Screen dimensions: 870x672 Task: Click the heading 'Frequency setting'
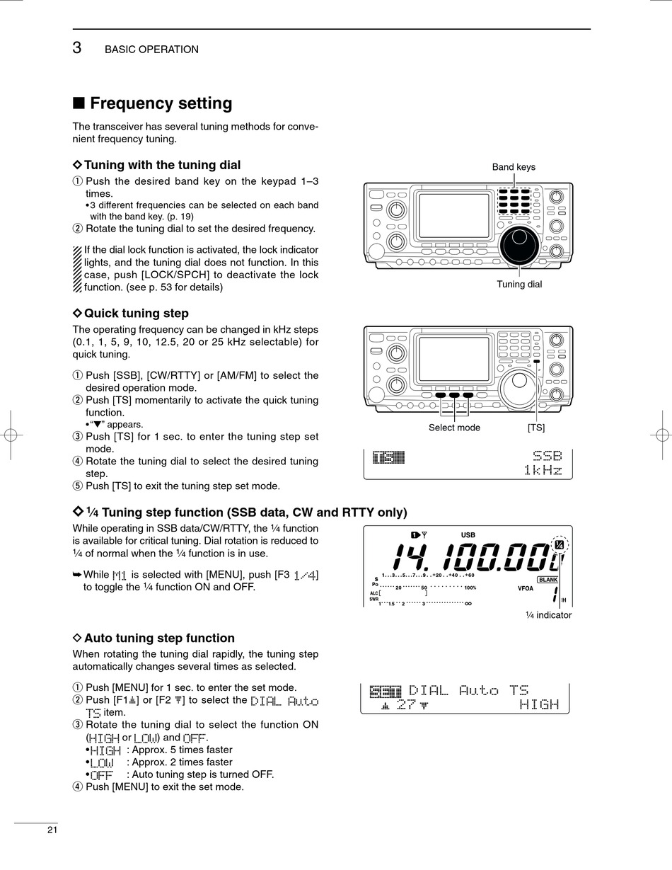[x=161, y=103]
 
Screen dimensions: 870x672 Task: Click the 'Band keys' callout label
[x=514, y=167]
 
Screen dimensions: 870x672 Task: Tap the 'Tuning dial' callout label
[x=519, y=285]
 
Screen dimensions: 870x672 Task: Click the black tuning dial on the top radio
[x=519, y=244]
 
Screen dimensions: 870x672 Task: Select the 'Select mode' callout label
[x=454, y=428]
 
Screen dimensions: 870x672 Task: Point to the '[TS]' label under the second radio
[x=536, y=428]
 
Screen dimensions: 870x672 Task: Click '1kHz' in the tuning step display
[x=543, y=470]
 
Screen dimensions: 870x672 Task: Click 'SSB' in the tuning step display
[x=547, y=457]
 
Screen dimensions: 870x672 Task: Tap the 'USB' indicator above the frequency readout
[x=468, y=535]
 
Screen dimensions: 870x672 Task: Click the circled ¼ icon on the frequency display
[x=559, y=544]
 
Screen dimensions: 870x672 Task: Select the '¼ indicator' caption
[x=548, y=615]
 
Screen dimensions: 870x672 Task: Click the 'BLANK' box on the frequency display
[x=548, y=580]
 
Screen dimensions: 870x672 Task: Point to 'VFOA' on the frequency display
[x=526, y=588]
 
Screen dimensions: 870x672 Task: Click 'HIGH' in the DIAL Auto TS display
[x=539, y=704]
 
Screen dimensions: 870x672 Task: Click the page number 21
[x=52, y=830]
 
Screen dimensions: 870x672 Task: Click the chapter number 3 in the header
[x=77, y=48]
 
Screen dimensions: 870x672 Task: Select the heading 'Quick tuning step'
[x=136, y=313]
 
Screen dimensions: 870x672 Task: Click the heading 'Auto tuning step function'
[x=159, y=638]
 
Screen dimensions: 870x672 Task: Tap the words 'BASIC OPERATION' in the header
[x=151, y=50]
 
